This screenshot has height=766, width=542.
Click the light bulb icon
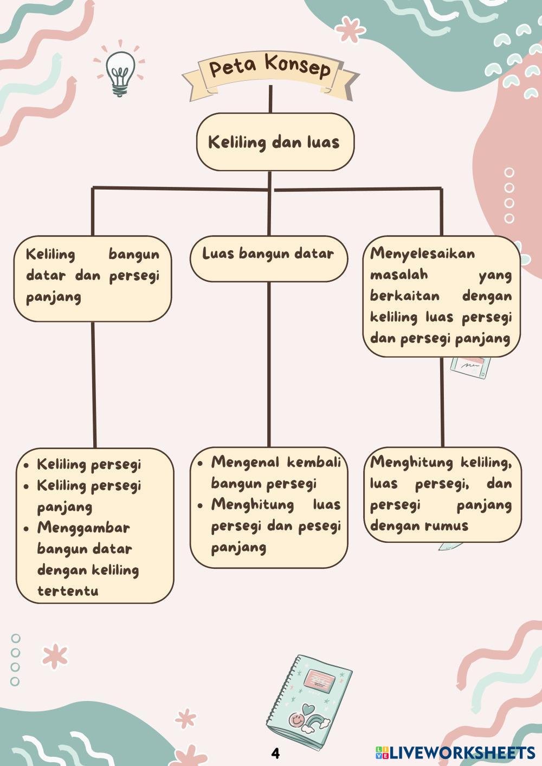click(120, 72)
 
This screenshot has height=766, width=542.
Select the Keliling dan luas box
click(275, 142)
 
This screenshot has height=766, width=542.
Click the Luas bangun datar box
click(268, 258)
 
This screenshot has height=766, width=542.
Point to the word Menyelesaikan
click(423, 254)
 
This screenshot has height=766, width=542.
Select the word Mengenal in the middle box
click(246, 462)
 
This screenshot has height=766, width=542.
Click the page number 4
click(275, 753)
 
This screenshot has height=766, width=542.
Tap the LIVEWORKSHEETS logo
click(455, 752)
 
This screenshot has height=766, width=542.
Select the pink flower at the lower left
click(55, 656)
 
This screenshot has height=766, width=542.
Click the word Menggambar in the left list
click(83, 528)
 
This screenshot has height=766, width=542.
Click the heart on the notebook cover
click(309, 709)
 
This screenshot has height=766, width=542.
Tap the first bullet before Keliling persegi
click(27, 465)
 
